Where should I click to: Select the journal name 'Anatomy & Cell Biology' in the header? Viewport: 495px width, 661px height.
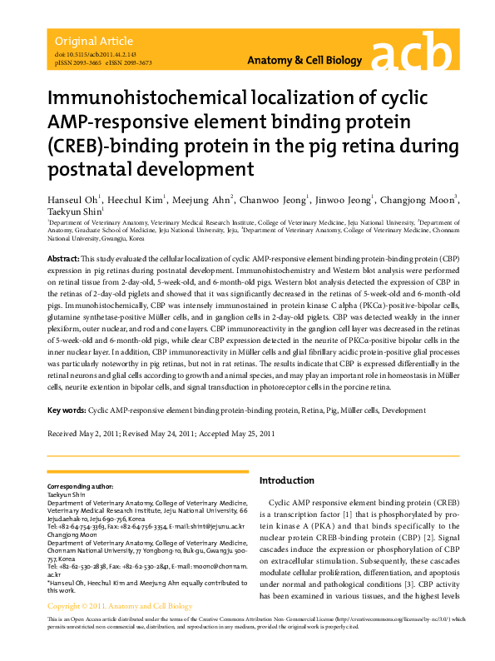coord(305,62)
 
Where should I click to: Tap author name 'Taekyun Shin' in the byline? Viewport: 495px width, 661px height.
coord(72,213)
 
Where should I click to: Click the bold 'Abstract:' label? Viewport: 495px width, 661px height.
coord(63,261)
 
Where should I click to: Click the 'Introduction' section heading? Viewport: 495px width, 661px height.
coord(287,480)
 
